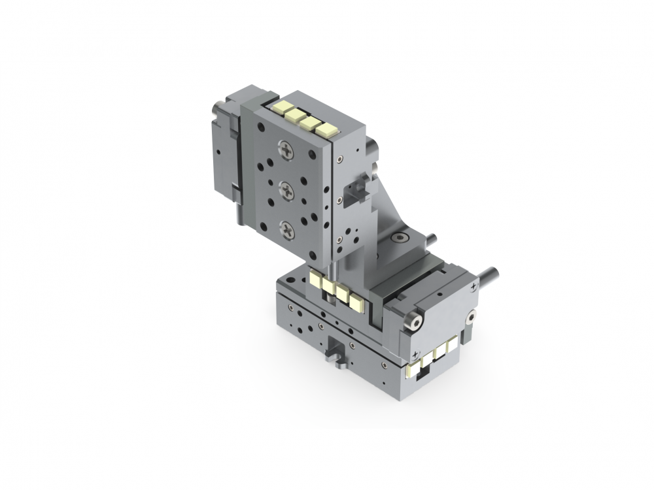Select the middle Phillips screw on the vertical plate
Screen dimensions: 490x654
click(x=288, y=190)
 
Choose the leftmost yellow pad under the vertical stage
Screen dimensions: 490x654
click(x=317, y=281)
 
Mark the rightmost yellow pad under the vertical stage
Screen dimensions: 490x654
click(x=356, y=302)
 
